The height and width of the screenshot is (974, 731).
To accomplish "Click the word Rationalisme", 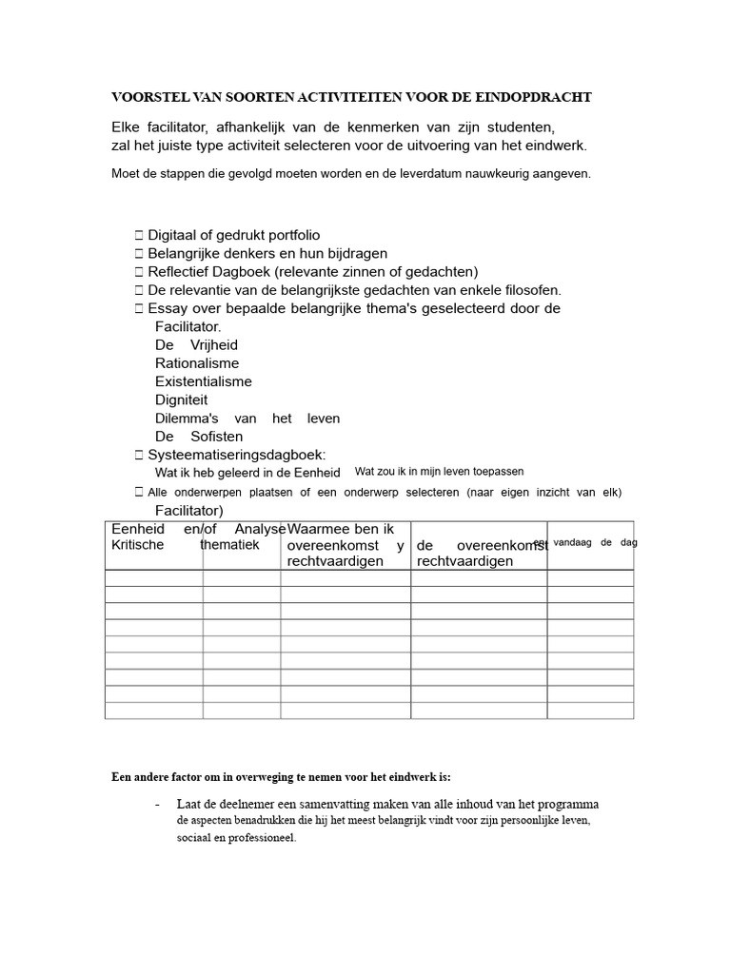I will pyautogui.click(x=197, y=363).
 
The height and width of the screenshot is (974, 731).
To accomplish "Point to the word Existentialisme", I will pyautogui.click(x=203, y=381).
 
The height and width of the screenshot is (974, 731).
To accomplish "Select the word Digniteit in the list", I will pyautogui.click(x=181, y=399).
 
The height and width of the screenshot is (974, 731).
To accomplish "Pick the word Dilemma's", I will pyautogui.click(x=187, y=419).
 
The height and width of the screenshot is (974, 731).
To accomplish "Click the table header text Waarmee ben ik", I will pyautogui.click(x=341, y=529).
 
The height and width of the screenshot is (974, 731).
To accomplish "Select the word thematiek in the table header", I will pyautogui.click(x=229, y=545).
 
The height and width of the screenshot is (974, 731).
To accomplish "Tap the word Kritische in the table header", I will pyautogui.click(x=138, y=545).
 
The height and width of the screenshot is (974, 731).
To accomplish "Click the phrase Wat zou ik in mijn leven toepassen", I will pyautogui.click(x=439, y=472).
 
